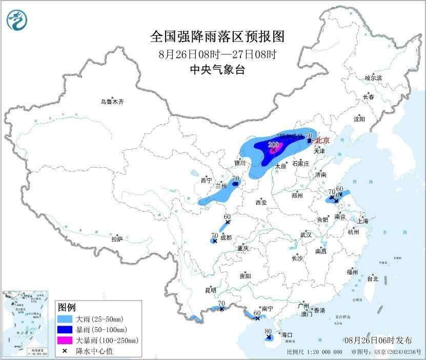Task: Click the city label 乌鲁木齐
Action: pyautogui.click(x=112, y=102)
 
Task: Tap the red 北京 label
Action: pyautogui.click(x=322, y=140)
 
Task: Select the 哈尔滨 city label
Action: pyautogui.click(x=373, y=78)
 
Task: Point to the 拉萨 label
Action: pyautogui.click(x=117, y=238)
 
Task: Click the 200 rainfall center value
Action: pyautogui.click(x=273, y=145)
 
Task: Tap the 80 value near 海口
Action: pyautogui.click(x=268, y=331)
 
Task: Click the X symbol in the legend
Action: pyautogui.click(x=67, y=350)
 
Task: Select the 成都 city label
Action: pyautogui.click(x=226, y=237)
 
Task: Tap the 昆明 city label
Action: pyautogui.click(x=211, y=290)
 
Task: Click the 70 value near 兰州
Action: pyautogui.click(x=236, y=179)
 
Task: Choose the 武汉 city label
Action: pyautogui.click(x=307, y=234)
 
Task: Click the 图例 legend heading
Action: pyautogui.click(x=68, y=307)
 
